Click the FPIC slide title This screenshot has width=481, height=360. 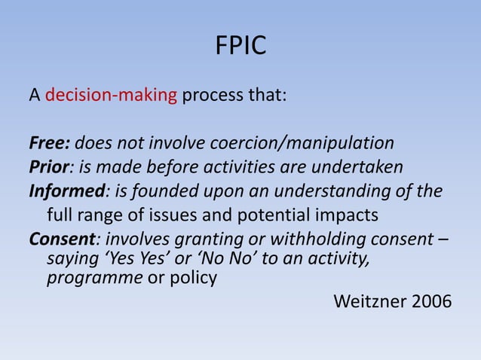point(240,47)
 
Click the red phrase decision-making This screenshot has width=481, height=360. point(111,97)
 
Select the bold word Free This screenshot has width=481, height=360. point(48,143)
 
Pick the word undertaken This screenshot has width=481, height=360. point(366,166)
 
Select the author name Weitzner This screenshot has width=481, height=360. point(366,302)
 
